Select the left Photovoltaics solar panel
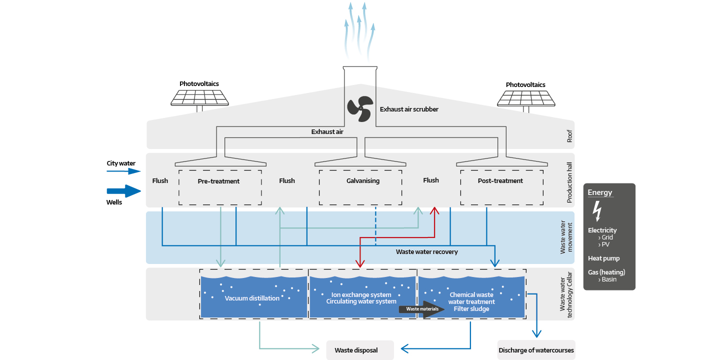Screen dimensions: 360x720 click(200, 97)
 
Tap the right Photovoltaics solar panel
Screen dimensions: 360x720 click(526, 98)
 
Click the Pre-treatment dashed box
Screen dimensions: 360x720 click(219, 186)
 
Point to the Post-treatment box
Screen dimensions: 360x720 click(501, 186)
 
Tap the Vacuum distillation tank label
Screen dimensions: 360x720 click(252, 298)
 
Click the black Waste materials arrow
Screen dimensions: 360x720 click(422, 309)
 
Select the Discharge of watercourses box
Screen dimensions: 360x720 click(536, 350)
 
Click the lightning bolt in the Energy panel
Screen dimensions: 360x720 click(596, 210)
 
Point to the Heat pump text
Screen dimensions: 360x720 click(603, 258)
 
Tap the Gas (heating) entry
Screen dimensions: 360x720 click(606, 272)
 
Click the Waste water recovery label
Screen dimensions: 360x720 click(426, 252)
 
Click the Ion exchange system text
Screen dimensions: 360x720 click(361, 295)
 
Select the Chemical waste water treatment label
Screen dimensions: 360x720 click(471, 298)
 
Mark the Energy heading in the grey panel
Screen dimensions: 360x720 click(599, 192)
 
